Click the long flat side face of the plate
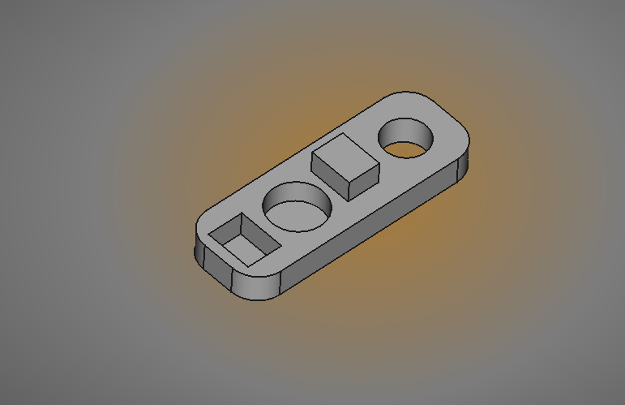click(x=373, y=231)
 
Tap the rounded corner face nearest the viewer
click(x=255, y=287)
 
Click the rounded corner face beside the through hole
click(x=464, y=166)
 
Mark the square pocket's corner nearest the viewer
click(x=246, y=264)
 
